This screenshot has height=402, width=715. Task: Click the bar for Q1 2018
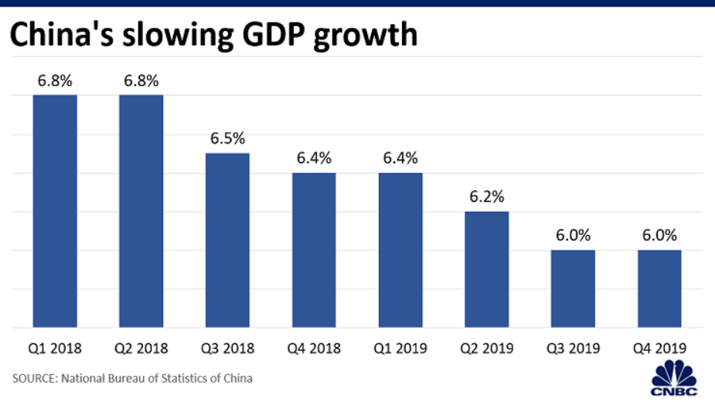pyautogui.click(x=54, y=210)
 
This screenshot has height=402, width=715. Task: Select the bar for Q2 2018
pyautogui.click(x=141, y=210)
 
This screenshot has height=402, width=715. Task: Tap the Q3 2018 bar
pyautogui.click(x=227, y=240)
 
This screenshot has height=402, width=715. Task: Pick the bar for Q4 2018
pyautogui.click(x=314, y=250)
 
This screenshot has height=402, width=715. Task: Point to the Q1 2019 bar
pyautogui.click(x=400, y=250)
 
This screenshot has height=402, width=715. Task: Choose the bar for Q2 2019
pyautogui.click(x=487, y=269)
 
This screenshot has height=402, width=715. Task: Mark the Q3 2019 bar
pyautogui.click(x=573, y=288)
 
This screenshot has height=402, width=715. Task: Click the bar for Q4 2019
pyautogui.click(x=659, y=288)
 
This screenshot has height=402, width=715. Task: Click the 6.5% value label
pyautogui.click(x=227, y=139)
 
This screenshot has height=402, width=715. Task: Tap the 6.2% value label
pyautogui.click(x=487, y=197)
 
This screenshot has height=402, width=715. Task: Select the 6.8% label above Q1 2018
pyautogui.click(x=54, y=81)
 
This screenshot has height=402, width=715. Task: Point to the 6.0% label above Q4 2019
pyautogui.click(x=659, y=236)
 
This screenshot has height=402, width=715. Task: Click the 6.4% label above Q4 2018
pyautogui.click(x=314, y=158)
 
